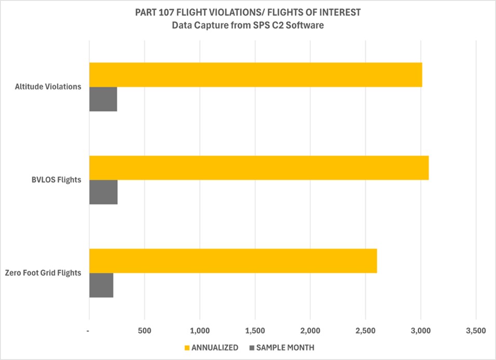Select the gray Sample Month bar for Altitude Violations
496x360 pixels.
103,99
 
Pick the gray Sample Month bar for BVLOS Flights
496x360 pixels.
103,192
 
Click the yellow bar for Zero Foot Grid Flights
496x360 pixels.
233,261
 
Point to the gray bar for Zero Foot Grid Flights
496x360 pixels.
101,285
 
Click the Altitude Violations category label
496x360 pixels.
48,87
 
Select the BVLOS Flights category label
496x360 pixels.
57,180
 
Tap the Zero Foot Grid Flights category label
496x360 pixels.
43,273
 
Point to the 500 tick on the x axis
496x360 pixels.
145,330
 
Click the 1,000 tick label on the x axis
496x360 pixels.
200,330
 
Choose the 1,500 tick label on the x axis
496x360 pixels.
255,330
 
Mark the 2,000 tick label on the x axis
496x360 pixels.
310,330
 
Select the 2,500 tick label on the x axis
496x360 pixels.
365,330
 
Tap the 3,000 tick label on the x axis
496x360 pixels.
421,330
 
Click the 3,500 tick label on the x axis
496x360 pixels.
476,330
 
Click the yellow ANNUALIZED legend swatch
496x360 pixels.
187,348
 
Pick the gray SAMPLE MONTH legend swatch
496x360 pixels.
252,348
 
